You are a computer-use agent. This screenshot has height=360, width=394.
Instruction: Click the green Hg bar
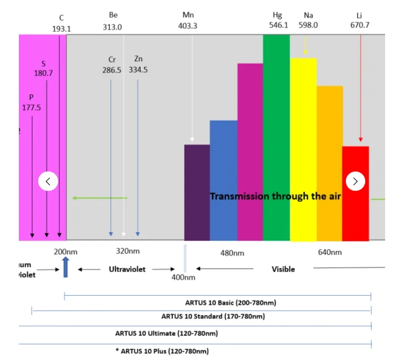[x=276, y=136]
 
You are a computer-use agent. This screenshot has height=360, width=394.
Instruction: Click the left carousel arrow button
[x=48, y=182]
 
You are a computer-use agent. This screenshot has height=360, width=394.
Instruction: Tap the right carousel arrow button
[x=356, y=182]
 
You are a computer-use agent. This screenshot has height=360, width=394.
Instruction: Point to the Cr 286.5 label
[x=112, y=64]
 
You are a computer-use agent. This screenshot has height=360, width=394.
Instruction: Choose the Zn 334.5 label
[x=138, y=64]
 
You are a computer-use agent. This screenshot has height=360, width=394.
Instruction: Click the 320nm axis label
[x=128, y=252]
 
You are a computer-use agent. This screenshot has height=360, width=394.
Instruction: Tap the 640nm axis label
[x=330, y=253]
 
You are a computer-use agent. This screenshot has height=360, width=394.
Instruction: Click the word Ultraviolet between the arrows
[x=127, y=269]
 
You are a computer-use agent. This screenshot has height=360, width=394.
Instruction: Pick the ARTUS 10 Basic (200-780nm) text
[x=231, y=303]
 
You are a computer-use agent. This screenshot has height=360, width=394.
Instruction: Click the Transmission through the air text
[x=276, y=196]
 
